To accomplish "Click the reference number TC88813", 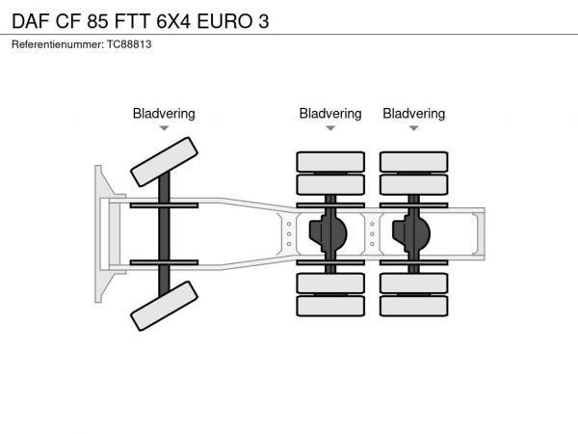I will (x=128, y=44).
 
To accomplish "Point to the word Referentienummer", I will (x=53, y=44).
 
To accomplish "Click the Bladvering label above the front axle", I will (x=164, y=114).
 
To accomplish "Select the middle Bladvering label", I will (x=330, y=114).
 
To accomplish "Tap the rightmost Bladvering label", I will (x=413, y=114).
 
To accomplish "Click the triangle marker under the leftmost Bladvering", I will (x=164, y=128).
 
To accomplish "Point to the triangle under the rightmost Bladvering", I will (x=413, y=128).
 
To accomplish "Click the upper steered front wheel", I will (x=164, y=161).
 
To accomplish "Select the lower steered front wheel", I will (x=164, y=308).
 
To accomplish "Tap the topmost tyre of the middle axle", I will (x=330, y=161).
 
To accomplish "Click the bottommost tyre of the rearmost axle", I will (x=413, y=307).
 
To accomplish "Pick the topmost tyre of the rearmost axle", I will (x=413, y=161).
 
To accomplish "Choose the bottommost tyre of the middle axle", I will (x=330, y=307).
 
